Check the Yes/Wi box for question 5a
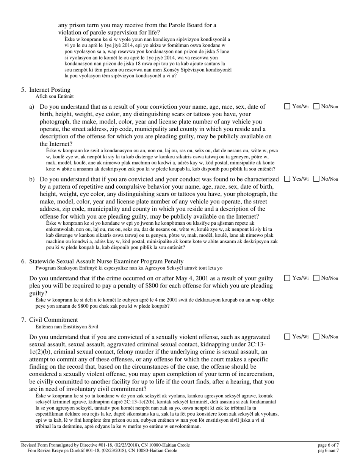click(x=287, y=106)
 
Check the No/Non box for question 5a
click(x=316, y=106)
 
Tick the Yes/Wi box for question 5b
click(x=287, y=179)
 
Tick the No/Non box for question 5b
click(x=316, y=179)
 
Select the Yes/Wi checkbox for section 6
click(x=287, y=278)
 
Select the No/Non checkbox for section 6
click(x=316, y=278)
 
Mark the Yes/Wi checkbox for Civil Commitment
click(x=287, y=336)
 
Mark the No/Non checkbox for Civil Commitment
click(x=316, y=336)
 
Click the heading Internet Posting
click(x=50, y=90)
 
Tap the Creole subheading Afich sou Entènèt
click(x=55, y=97)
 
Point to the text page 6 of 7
click(x=328, y=445)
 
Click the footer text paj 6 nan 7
click(x=328, y=450)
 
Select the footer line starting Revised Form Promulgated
click(x=105, y=445)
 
